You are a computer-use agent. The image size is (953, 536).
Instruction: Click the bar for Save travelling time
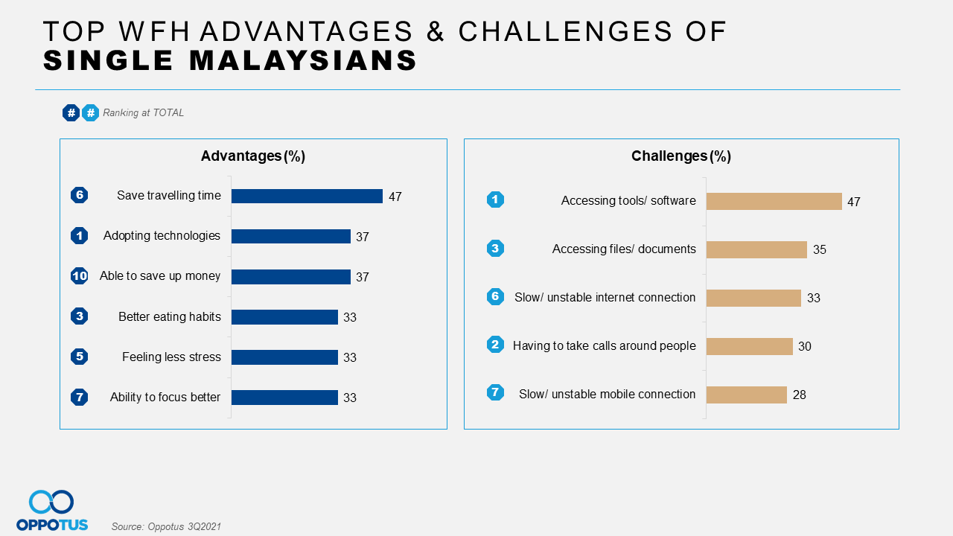point(307,196)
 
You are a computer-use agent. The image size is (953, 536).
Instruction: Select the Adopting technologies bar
point(290,236)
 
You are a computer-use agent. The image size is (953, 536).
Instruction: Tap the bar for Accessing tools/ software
point(774,201)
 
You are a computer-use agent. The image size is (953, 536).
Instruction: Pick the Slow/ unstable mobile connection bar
point(746,395)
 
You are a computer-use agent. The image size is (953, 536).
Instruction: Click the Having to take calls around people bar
point(749,346)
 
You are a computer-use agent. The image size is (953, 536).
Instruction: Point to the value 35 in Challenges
point(820,250)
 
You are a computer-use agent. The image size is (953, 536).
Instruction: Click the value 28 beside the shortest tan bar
point(800,395)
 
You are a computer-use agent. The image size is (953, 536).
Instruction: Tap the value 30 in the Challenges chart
point(805,347)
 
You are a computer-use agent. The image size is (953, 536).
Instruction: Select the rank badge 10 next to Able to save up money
point(80,276)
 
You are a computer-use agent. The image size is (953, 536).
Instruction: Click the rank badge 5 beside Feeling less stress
point(80,357)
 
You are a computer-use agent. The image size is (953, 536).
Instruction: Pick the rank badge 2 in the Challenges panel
point(495,345)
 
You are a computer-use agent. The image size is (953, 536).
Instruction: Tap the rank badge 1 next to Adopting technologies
point(80,236)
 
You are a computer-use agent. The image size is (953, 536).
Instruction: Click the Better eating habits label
point(170,316)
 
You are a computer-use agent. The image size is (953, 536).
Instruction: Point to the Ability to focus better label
point(165,397)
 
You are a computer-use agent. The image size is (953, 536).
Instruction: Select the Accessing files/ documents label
point(624,249)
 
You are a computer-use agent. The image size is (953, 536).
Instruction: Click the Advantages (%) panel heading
point(253,156)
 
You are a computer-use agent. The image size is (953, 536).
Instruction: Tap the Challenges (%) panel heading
point(681,156)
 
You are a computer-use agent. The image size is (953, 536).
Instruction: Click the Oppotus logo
point(52,511)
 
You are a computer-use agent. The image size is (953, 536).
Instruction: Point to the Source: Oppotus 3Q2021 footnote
point(166,526)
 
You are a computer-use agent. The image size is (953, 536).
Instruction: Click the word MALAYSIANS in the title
point(287,60)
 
